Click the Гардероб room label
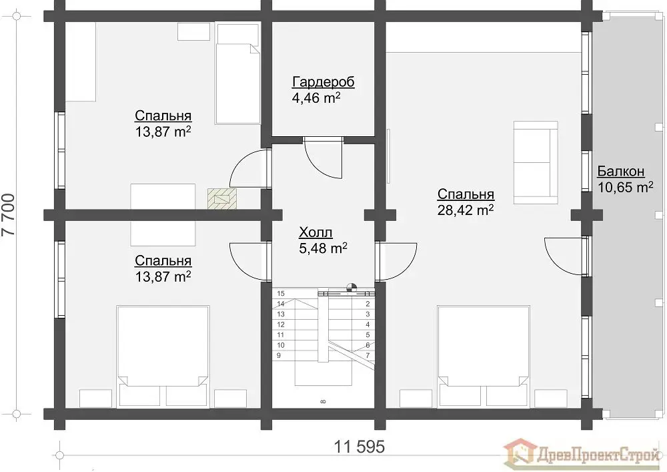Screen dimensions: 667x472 coord(323,81)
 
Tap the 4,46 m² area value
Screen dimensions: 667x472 coord(316,98)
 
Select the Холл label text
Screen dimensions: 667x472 coord(315,232)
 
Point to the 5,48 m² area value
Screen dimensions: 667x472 coord(323,248)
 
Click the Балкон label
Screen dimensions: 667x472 coord(620,171)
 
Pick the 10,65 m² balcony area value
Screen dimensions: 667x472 coord(626,188)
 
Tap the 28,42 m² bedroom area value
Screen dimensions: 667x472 coord(466,210)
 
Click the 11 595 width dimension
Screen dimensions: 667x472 coord(360,447)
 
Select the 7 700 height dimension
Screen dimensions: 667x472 coord(9,215)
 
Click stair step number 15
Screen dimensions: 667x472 coord(281,294)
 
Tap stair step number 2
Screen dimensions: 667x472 coord(368,304)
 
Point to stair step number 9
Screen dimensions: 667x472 coord(279,355)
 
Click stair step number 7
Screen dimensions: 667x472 coord(368,355)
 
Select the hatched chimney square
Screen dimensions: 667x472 coord(221,199)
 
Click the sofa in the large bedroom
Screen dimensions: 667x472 coord(536,163)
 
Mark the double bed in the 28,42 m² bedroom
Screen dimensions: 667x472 coord(484,356)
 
